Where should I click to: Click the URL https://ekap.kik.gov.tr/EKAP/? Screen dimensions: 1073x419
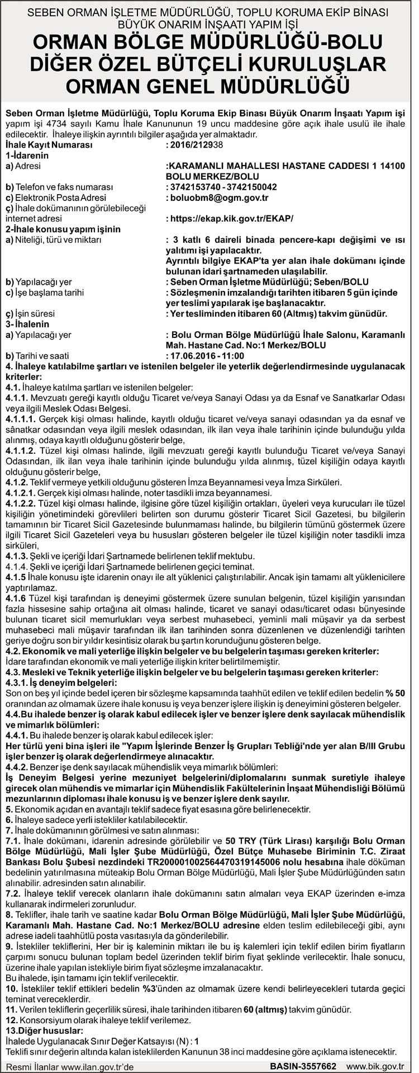pyautogui.click(x=230, y=219)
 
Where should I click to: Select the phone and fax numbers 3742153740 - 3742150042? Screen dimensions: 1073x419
pyautogui.click(x=221, y=187)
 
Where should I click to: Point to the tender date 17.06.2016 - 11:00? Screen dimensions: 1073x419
pyautogui.click(x=205, y=356)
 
